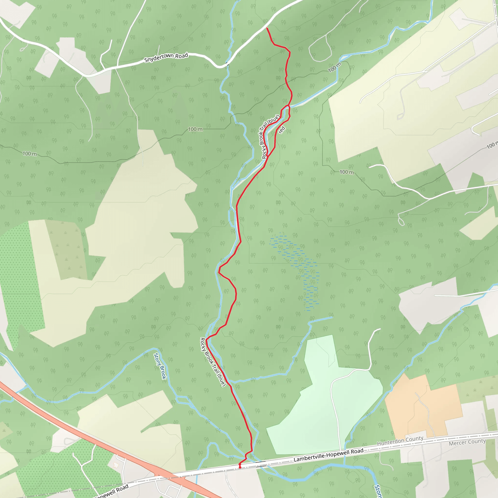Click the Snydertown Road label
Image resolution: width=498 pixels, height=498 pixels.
click(x=166, y=57)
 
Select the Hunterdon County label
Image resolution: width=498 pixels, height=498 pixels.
click(x=400, y=441)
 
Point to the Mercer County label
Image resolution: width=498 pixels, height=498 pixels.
click(x=467, y=442)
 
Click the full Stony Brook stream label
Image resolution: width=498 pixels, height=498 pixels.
click(x=160, y=366)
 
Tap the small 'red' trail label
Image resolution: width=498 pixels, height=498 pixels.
click(x=282, y=130)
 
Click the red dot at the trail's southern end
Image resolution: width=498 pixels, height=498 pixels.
click(x=240, y=467)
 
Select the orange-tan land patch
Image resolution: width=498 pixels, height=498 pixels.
click(x=423, y=405)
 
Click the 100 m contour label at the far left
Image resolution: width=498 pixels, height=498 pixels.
click(x=30, y=154)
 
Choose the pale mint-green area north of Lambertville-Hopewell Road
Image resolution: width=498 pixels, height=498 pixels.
click(x=322, y=402)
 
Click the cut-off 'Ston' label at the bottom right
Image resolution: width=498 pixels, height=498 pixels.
click(x=378, y=491)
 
